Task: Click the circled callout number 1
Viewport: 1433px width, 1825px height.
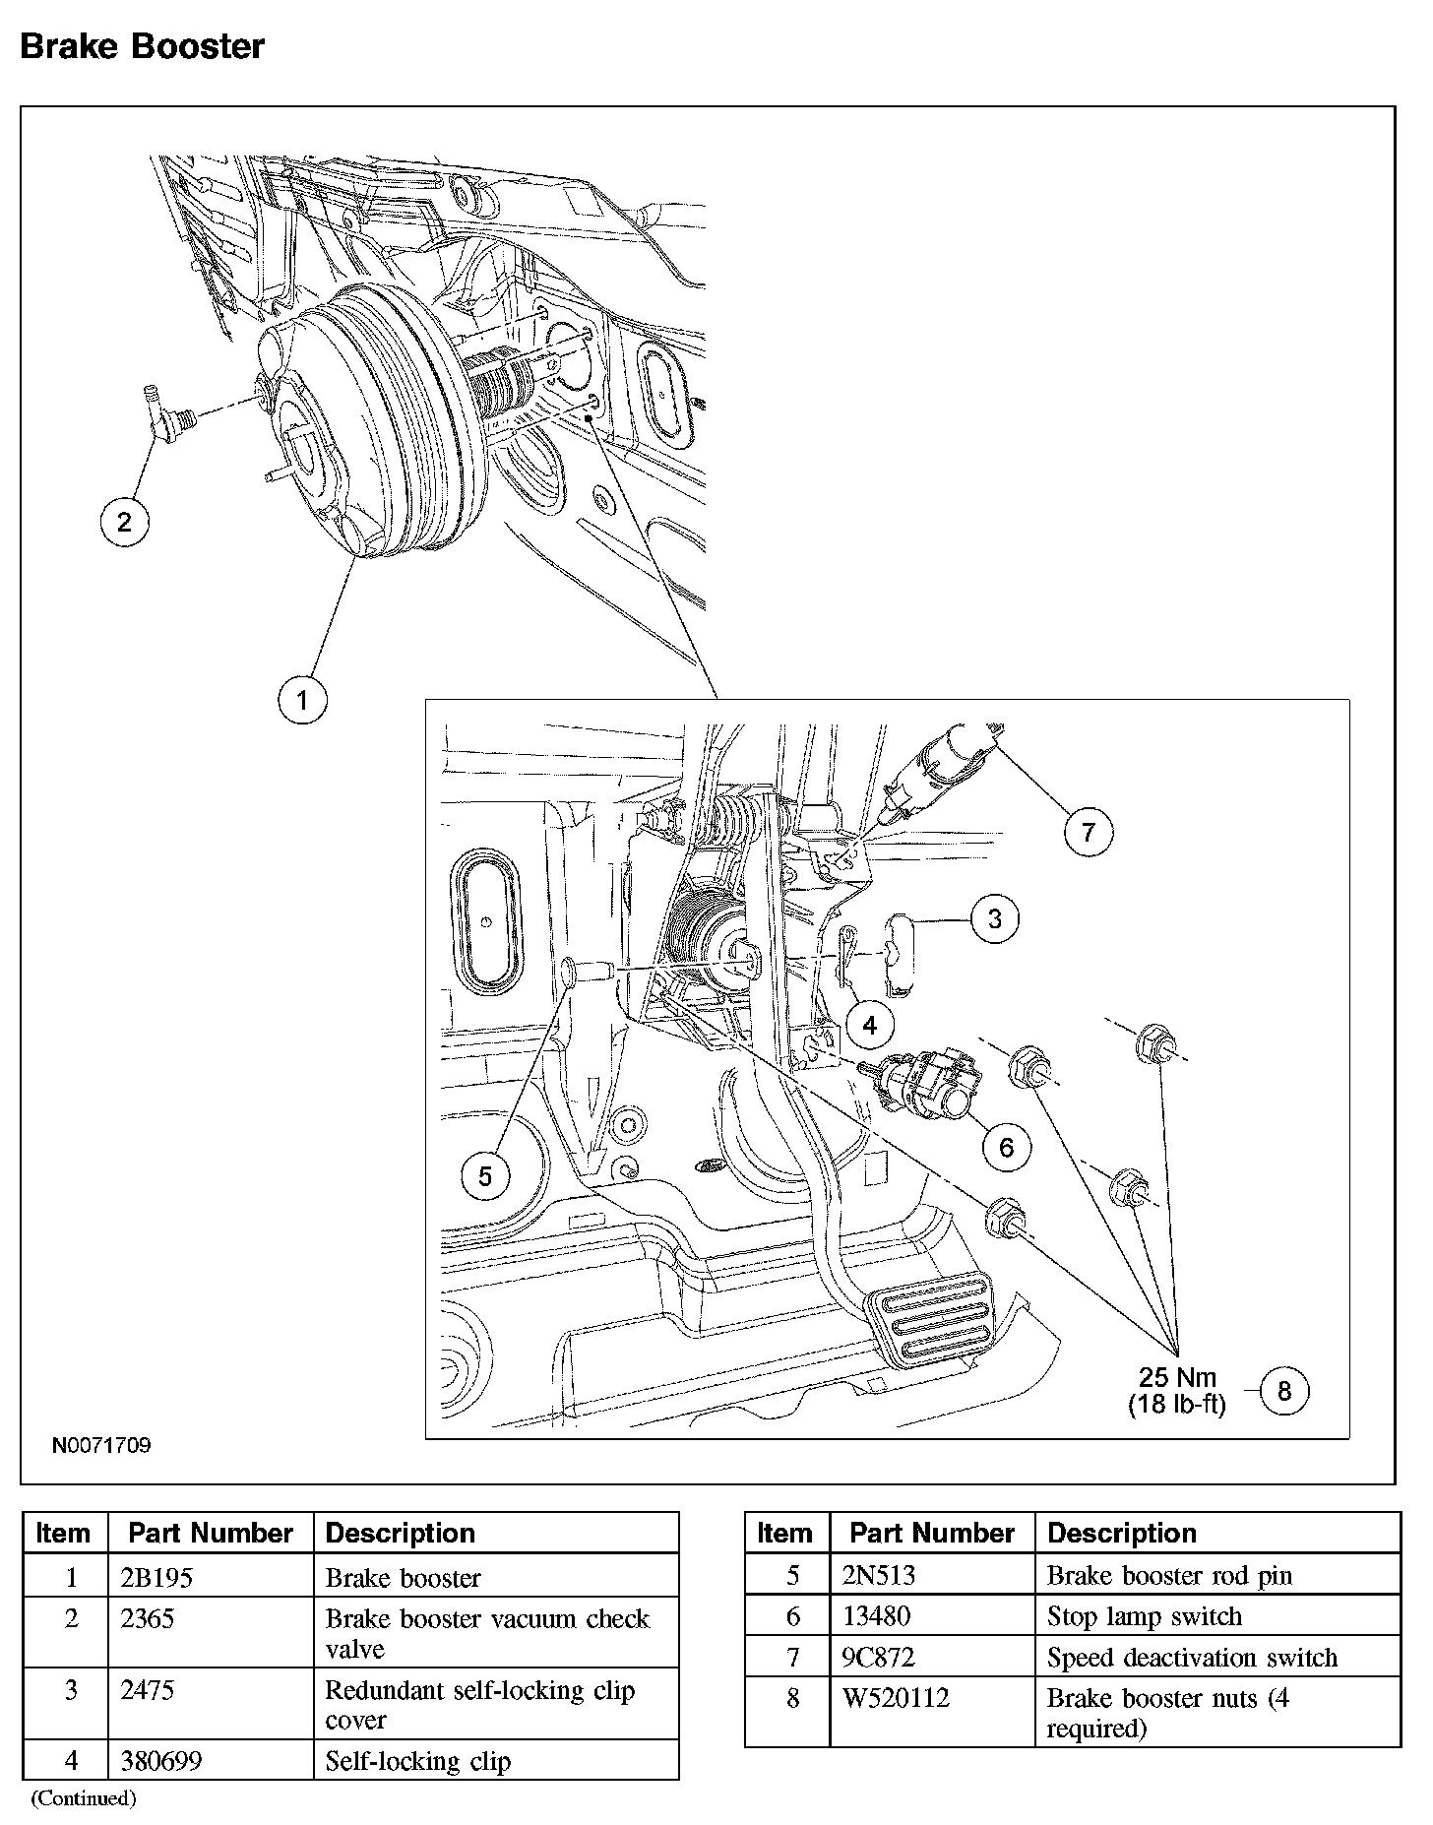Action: pos(301,700)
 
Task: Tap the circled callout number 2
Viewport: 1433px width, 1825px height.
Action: pos(124,521)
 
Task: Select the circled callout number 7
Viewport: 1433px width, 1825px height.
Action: pos(1088,832)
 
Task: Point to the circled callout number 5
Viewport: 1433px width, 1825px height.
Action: pos(485,1176)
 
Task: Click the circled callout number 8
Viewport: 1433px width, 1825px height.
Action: pos(1283,1390)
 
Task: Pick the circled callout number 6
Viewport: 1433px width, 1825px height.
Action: pos(1006,1147)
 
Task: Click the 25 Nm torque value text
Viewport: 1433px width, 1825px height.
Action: pos(1177,1377)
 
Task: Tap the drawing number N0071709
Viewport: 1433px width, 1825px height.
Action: pos(101,1446)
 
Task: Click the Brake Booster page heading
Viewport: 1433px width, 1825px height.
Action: pos(143,46)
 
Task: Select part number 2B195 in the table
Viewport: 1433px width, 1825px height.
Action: pos(156,1578)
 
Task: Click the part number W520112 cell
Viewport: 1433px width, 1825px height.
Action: pos(896,1698)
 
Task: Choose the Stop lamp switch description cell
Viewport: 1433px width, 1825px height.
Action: pos(1144,1616)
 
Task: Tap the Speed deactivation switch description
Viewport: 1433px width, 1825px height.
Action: pos(1191,1658)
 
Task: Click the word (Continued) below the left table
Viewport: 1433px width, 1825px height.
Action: pos(84,1798)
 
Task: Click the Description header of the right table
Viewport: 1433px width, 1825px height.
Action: pos(1121,1533)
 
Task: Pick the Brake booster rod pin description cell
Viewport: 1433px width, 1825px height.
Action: pos(1168,1576)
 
